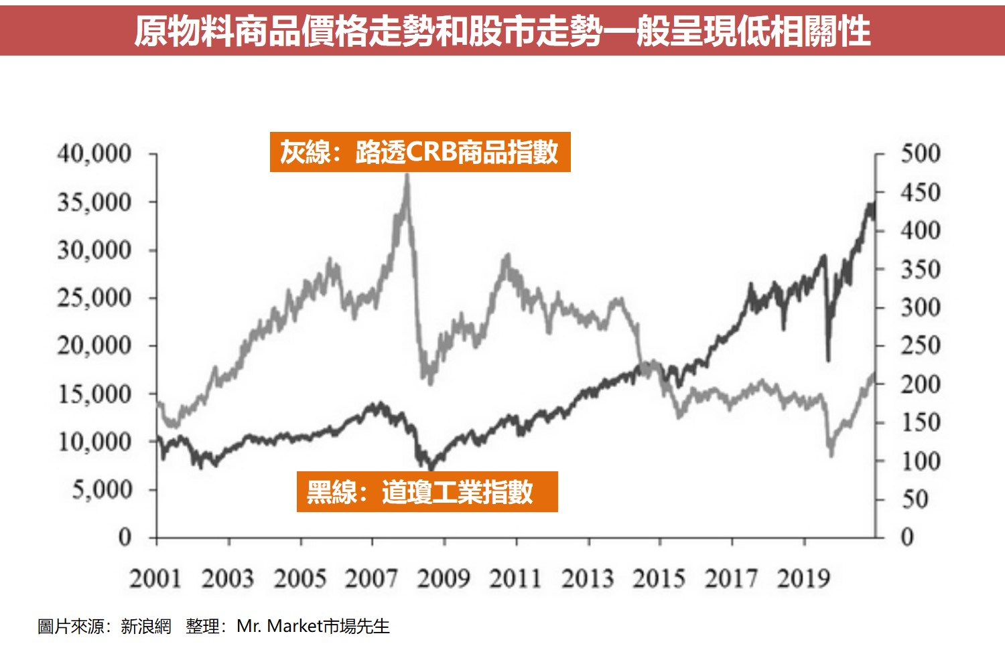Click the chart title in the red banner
(x=503, y=30)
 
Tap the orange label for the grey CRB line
(x=420, y=152)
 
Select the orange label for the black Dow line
(x=427, y=492)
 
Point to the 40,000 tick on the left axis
(x=94, y=153)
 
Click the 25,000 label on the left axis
(x=94, y=297)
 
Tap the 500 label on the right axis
(x=920, y=153)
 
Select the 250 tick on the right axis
(x=920, y=345)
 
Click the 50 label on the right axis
(x=915, y=499)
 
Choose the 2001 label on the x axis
(x=155, y=578)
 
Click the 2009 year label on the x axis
(x=444, y=578)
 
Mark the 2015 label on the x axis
(x=659, y=578)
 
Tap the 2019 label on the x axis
(x=803, y=578)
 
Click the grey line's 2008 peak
(x=407, y=176)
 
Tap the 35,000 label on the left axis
(x=94, y=201)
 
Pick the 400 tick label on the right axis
(x=920, y=230)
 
